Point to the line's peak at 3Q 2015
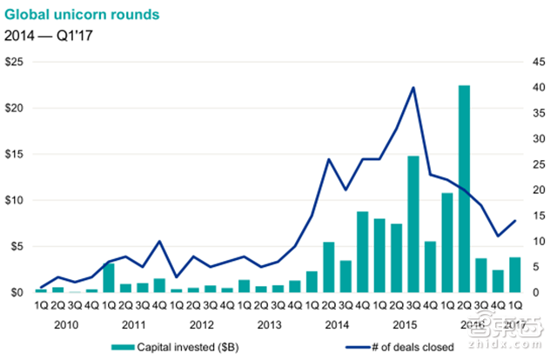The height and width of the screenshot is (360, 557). [x=413, y=88]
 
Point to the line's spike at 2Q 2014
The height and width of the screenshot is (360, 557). [x=329, y=159]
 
